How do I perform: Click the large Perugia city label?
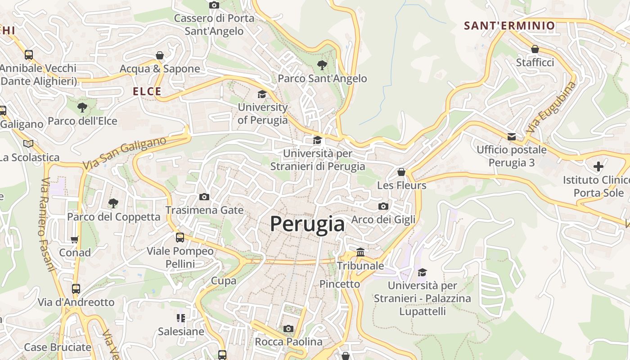[x=307, y=224]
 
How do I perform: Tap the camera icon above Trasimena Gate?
[x=204, y=197]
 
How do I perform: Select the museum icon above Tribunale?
[x=360, y=252]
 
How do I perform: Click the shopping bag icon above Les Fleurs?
[x=401, y=172]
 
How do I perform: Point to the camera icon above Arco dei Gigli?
[x=383, y=206]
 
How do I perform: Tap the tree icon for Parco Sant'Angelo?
[x=322, y=65]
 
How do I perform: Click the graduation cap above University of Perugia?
[x=262, y=94]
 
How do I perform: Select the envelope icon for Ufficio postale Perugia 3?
[x=512, y=136]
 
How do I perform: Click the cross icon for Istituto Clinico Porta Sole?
[x=598, y=166]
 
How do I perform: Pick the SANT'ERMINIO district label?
[x=509, y=26]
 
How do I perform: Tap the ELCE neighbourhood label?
[x=147, y=91]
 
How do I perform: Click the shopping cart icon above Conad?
[x=75, y=239]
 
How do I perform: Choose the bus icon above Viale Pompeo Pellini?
[x=180, y=237]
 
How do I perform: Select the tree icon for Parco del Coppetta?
[x=113, y=203]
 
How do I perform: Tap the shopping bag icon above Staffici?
[x=535, y=49]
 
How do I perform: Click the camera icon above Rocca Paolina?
[x=288, y=328]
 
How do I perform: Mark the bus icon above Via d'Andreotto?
[x=76, y=288]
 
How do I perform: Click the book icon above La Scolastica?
[x=28, y=144]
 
